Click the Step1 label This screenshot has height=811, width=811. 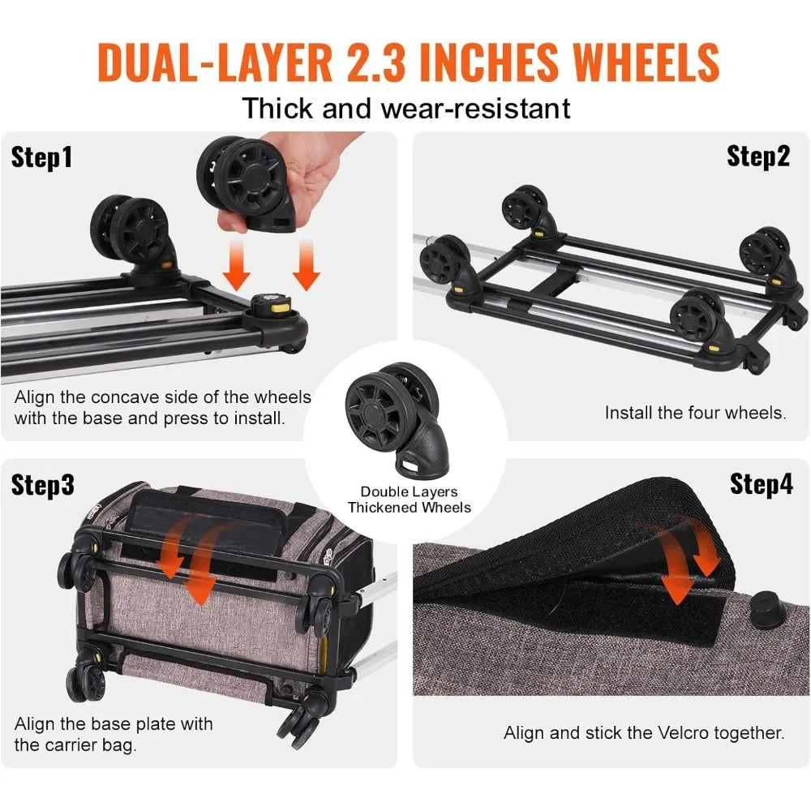coord(41,157)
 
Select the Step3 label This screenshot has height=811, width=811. coord(43,485)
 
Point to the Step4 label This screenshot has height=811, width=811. coord(762,484)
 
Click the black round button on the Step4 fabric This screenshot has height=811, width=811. coord(762,607)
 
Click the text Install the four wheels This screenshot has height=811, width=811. coord(695,413)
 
